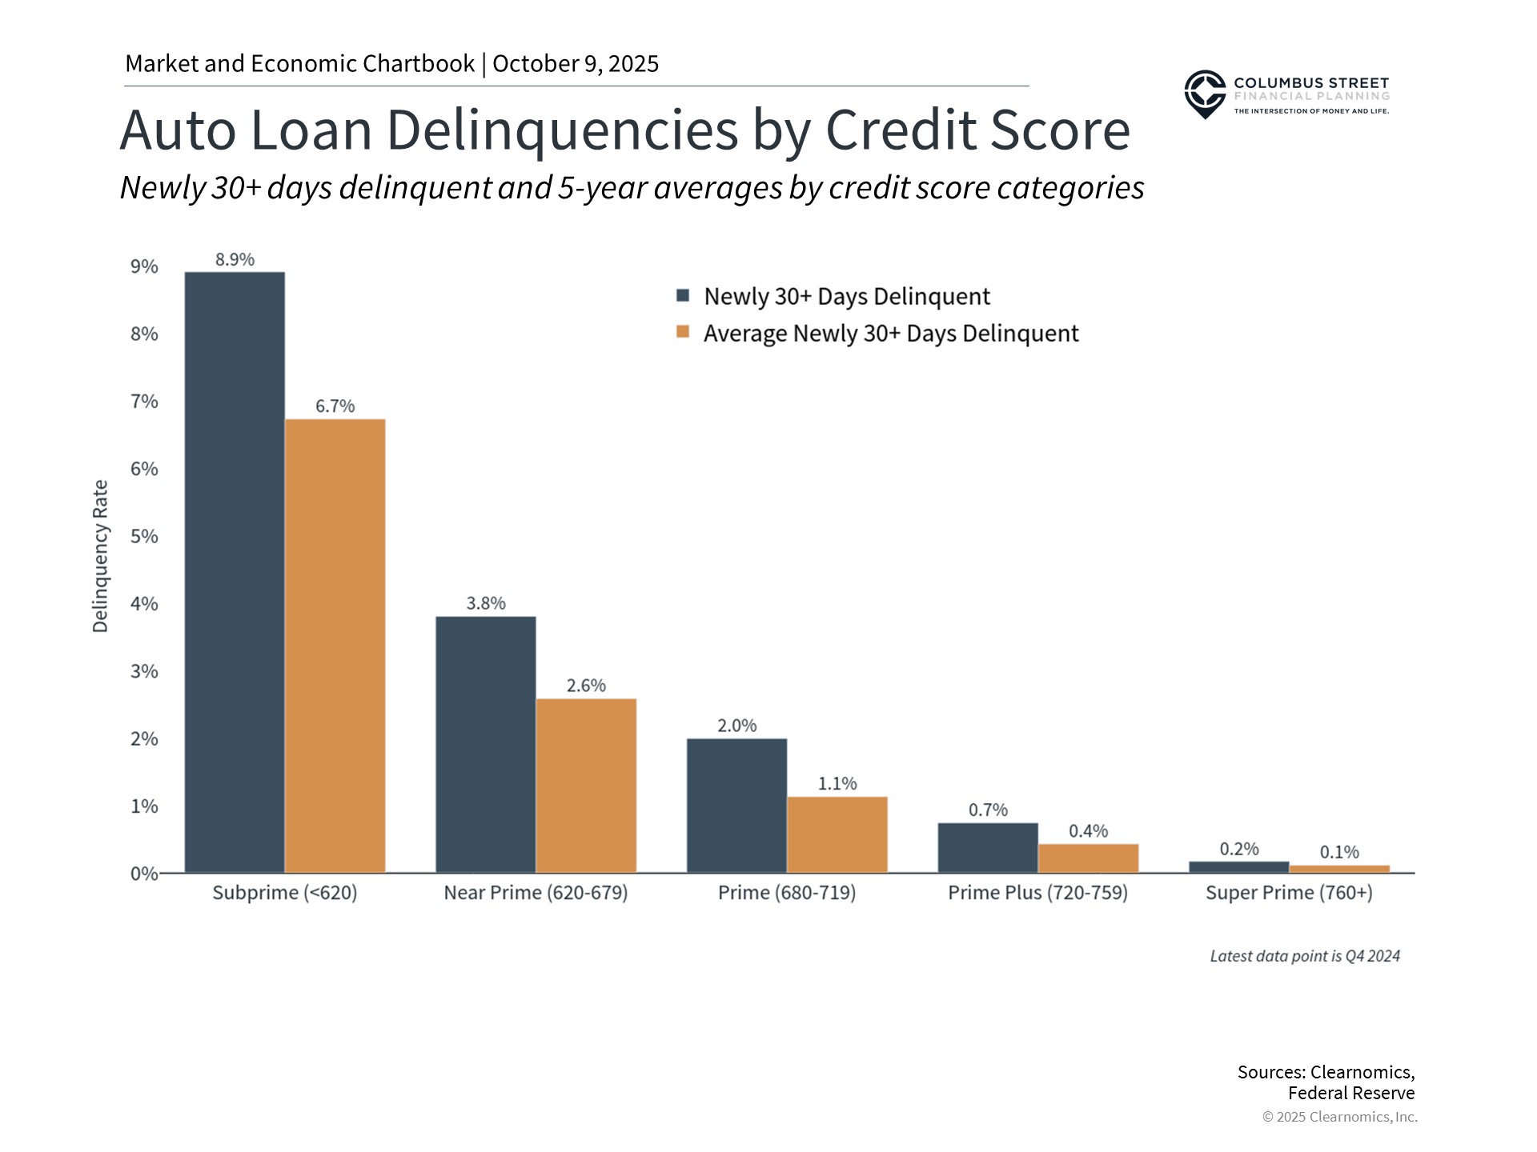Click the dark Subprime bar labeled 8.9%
[x=235, y=572]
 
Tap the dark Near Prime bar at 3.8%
[x=486, y=744]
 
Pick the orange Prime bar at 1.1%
[x=837, y=834]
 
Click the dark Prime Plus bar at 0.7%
[x=988, y=848]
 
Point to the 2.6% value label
[x=586, y=686]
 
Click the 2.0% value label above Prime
[x=736, y=726]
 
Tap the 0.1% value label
[x=1339, y=852]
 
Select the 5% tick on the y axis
[x=144, y=536]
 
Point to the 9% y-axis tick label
[x=144, y=266]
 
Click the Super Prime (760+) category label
[x=1289, y=893]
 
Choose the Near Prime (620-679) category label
[x=536, y=893]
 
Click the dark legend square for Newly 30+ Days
[x=683, y=296]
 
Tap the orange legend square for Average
[x=683, y=332]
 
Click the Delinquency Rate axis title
[x=100, y=556]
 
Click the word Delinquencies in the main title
[x=563, y=130]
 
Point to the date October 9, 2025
[x=576, y=64]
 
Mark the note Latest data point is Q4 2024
[x=1305, y=956]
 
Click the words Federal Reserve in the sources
[x=1351, y=1093]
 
